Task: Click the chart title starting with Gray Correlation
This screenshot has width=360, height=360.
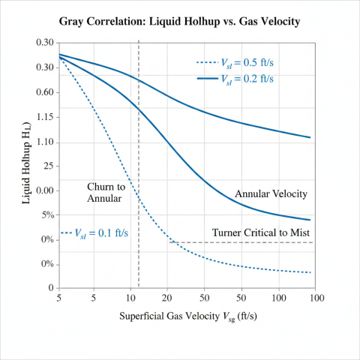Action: pyautogui.click(x=180, y=21)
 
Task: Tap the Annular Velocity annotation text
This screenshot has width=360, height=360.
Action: pyautogui.click(x=271, y=194)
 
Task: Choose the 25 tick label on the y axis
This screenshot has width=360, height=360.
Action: pyautogui.click(x=46, y=166)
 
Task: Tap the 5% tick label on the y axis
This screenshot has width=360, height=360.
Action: pyautogui.click(x=46, y=215)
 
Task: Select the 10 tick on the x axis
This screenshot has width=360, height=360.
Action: pyautogui.click(x=131, y=298)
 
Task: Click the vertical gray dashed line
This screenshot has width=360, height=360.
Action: pyautogui.click(x=139, y=150)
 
